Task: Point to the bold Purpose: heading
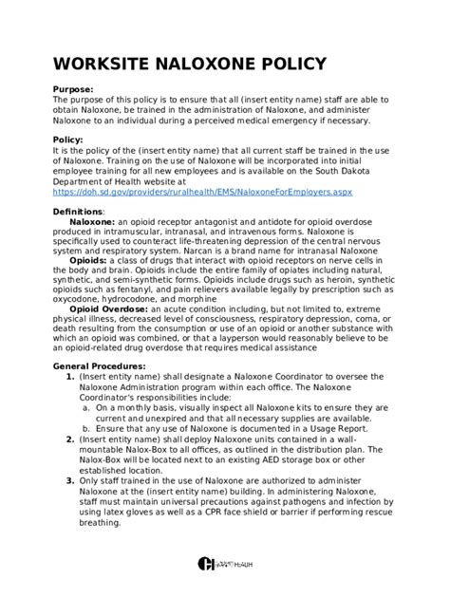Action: click(74, 89)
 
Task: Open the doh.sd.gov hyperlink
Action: click(202, 192)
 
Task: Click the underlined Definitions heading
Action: click(79, 212)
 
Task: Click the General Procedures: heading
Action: click(99, 365)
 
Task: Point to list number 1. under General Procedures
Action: click(70, 377)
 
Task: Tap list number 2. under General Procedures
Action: click(70, 439)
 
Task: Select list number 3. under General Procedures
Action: click(70, 480)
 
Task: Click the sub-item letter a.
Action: click(85, 407)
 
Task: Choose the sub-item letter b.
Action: click(85, 428)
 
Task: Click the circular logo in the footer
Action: click(206, 564)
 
